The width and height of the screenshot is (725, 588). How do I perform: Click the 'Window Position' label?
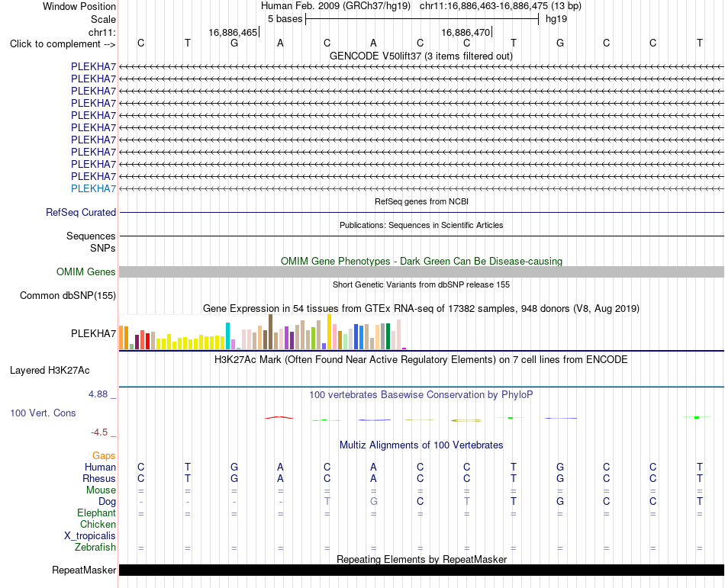79,6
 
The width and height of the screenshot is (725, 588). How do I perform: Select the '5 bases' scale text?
285,19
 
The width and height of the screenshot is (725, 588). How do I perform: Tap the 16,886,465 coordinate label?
233,32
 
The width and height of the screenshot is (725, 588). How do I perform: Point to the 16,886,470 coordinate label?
466,32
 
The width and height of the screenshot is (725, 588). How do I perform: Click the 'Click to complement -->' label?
63,44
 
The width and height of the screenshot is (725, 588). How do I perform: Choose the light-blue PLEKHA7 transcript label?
93,188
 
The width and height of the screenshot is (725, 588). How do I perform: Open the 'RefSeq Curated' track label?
81,213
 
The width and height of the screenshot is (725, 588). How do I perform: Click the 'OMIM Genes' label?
86,272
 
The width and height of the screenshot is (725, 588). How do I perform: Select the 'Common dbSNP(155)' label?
68,296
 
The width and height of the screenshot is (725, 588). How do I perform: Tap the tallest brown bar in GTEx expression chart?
270,332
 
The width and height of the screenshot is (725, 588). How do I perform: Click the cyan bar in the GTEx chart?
227,336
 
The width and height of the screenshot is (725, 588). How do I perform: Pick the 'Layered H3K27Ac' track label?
50,371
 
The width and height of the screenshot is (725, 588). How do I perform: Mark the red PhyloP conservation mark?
279,418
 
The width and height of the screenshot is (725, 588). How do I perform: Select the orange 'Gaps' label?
104,456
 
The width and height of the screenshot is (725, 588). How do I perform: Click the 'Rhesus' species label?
99,478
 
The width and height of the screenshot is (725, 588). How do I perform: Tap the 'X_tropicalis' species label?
90,536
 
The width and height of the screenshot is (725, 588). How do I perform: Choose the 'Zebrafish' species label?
95,548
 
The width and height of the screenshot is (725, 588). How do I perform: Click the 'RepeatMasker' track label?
84,570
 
